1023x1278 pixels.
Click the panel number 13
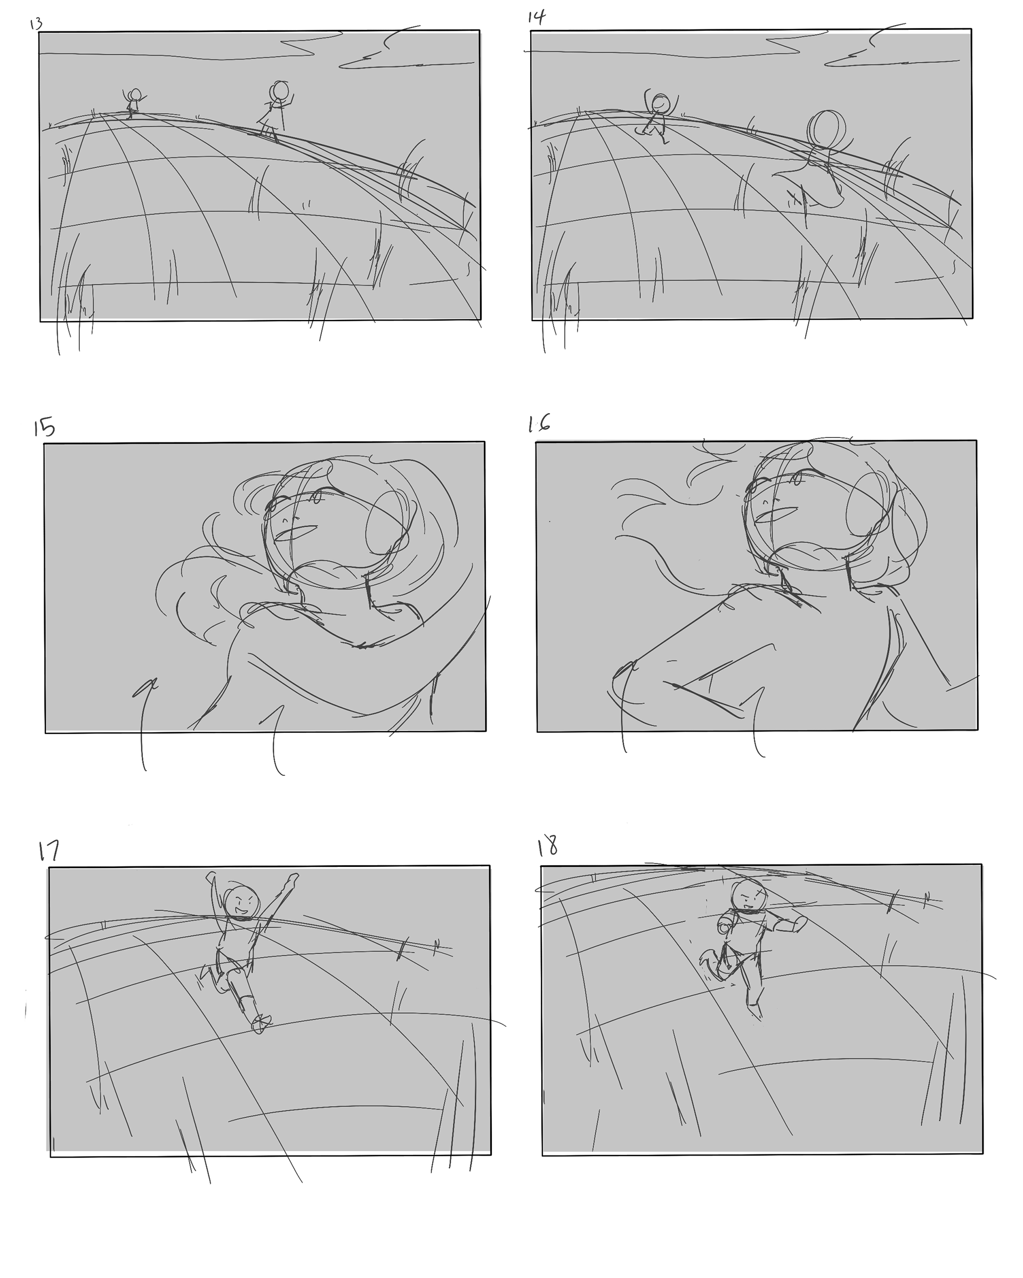click(36, 24)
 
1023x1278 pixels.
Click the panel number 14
click(537, 17)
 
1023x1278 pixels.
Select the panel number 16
click(539, 423)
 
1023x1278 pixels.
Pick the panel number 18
click(547, 846)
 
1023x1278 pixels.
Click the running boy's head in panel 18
click(747, 896)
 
